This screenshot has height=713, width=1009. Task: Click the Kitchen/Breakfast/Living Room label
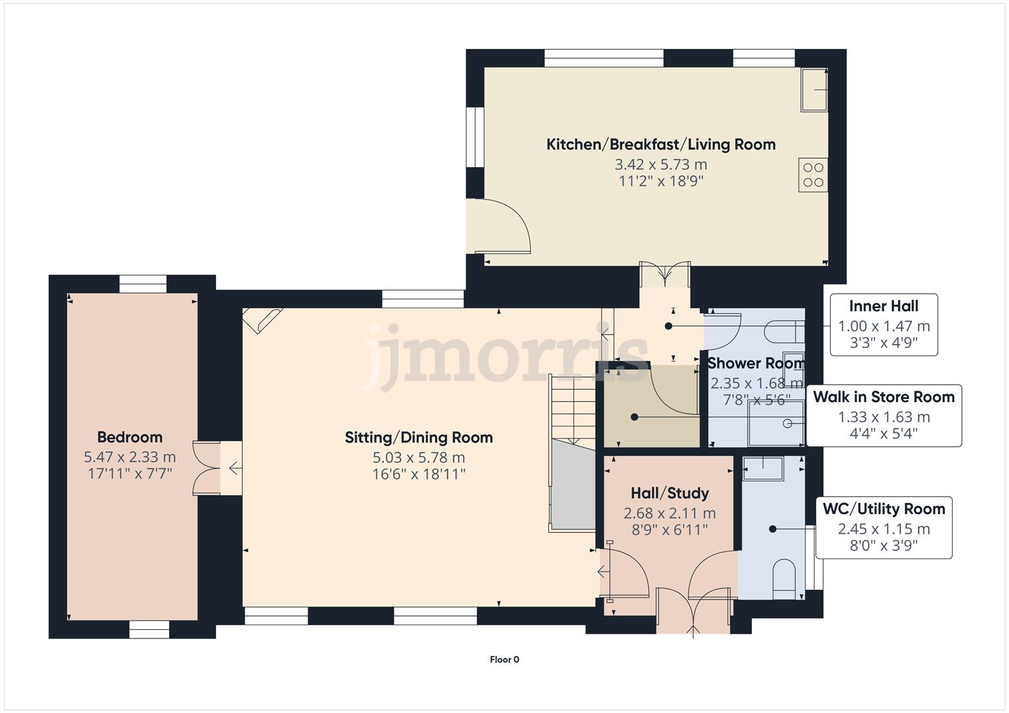coord(661,145)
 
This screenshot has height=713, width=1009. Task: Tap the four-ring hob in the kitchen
coord(813,175)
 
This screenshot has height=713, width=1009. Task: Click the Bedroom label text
coord(130,437)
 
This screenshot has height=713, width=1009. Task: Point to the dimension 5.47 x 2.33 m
coord(130,457)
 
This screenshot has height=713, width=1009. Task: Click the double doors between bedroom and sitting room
coord(206,468)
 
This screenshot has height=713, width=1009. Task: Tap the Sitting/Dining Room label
coord(419,437)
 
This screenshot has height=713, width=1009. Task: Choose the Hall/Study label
coord(669,493)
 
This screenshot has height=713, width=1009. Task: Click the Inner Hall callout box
coord(883,325)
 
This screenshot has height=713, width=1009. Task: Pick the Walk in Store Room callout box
coord(883,416)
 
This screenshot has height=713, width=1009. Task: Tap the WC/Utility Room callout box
coord(883,527)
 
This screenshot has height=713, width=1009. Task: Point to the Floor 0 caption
coord(504,659)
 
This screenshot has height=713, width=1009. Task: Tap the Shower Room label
coord(755,363)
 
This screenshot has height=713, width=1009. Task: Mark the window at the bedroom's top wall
coord(143,284)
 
